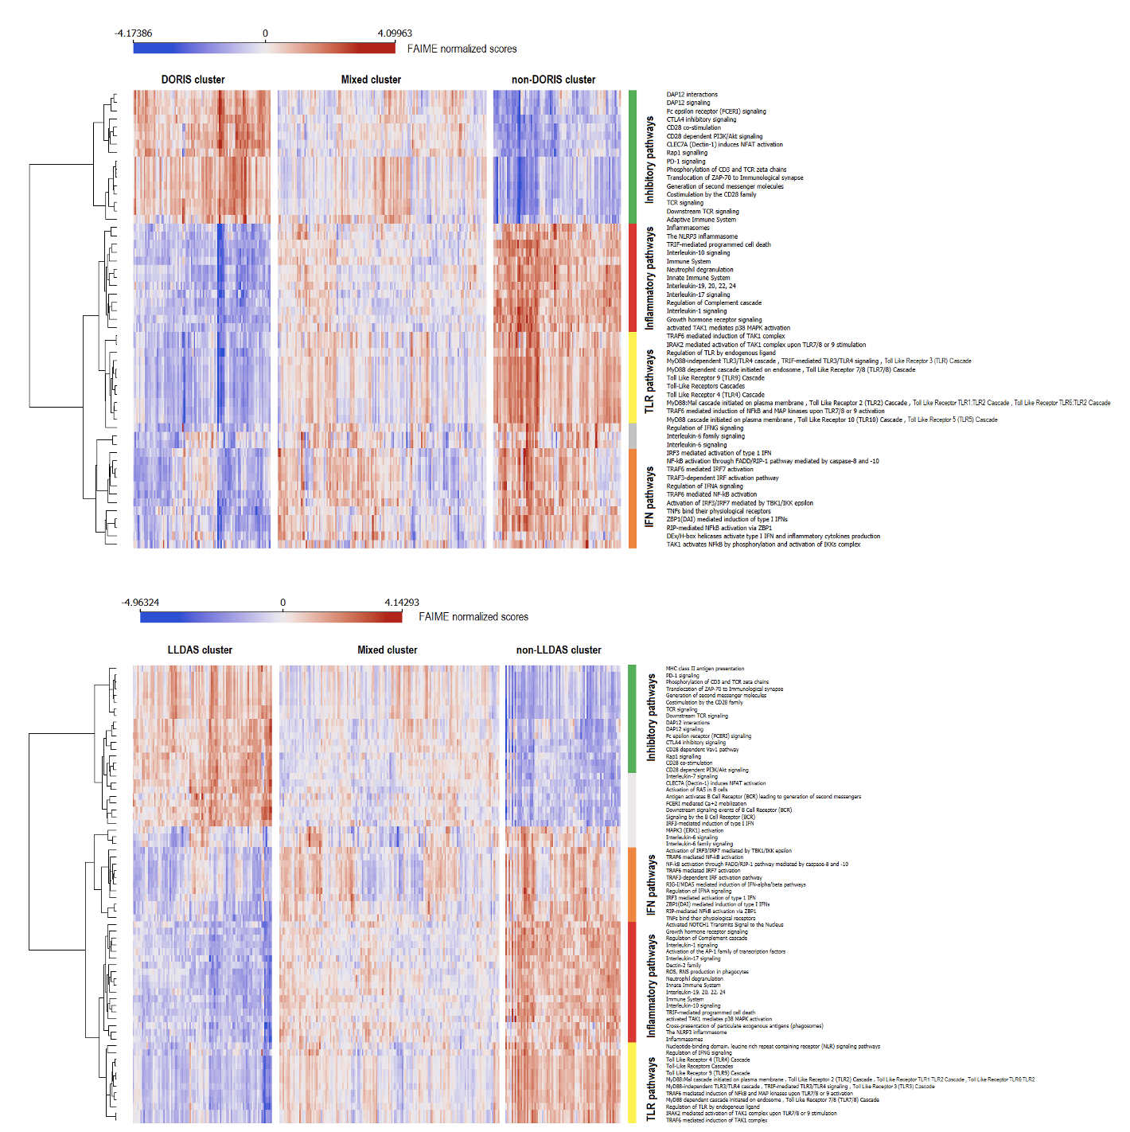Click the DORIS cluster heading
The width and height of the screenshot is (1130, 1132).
193,80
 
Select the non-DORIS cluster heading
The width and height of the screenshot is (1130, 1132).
553,80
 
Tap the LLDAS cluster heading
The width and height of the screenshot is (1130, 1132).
200,650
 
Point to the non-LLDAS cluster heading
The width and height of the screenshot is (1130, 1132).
559,650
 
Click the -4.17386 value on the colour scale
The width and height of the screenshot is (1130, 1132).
133,33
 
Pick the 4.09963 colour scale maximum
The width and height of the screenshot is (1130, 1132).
395,33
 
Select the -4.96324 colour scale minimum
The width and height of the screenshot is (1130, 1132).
140,603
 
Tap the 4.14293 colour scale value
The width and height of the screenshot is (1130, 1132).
402,603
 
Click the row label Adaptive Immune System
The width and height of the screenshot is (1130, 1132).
701,220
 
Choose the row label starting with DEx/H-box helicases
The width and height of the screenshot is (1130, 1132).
773,537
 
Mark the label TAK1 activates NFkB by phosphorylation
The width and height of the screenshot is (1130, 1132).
763,545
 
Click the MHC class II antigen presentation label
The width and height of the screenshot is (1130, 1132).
705,669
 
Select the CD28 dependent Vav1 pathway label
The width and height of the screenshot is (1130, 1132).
702,749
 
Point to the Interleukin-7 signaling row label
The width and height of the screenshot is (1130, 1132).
692,776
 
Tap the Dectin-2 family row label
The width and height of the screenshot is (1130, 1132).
684,965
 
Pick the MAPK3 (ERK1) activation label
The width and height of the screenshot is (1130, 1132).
695,830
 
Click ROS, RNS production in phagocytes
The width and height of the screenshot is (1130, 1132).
707,972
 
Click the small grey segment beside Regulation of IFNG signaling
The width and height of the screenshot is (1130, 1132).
633,436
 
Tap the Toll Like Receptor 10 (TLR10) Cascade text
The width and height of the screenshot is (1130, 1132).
850,420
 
